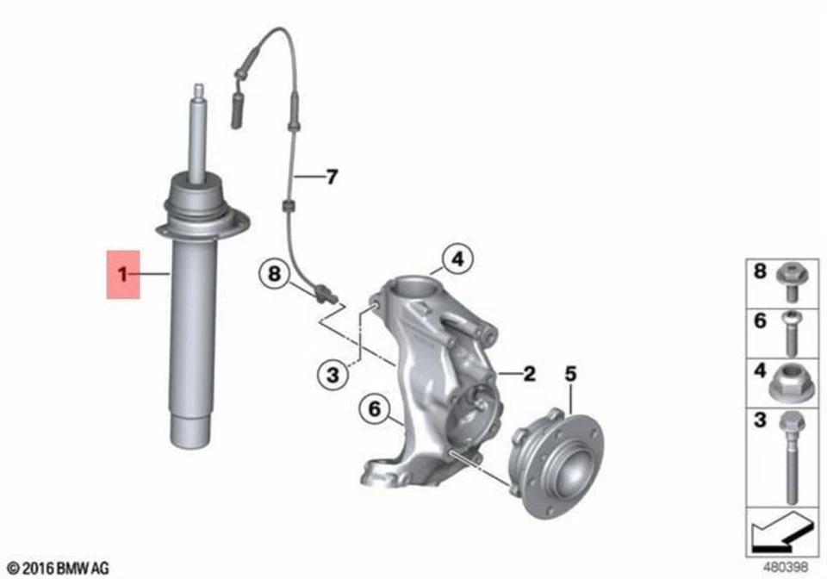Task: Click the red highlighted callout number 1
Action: tap(122, 275)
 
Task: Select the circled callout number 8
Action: tap(274, 275)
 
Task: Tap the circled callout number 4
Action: tap(458, 258)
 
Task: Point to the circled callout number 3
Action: tap(331, 375)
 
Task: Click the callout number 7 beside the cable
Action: tap(331, 178)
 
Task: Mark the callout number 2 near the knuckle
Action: tap(529, 373)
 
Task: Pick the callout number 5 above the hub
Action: tap(569, 374)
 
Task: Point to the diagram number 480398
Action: tap(790, 568)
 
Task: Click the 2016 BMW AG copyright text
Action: tap(58, 568)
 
